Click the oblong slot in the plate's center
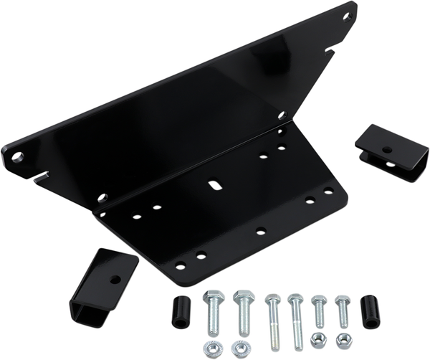click(x=213, y=186)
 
